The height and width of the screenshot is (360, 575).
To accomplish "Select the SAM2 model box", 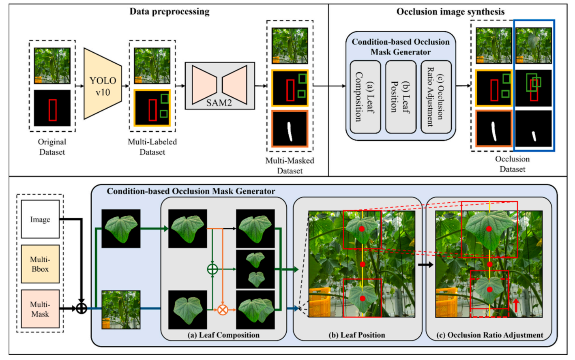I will pos(219,86).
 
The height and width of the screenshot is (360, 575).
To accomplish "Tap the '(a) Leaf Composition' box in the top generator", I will pos(365,97).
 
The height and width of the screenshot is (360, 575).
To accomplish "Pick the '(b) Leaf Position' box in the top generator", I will pos(400,97).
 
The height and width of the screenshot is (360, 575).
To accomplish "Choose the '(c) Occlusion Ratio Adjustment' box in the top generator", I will pos(436,97).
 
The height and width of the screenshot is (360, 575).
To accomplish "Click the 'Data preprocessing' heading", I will pos(169,11).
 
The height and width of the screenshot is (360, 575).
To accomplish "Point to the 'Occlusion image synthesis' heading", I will pos(450,12).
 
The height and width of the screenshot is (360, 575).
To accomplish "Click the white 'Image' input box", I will pos(40,219).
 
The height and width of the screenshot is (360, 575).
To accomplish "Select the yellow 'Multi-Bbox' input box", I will pos(40,264).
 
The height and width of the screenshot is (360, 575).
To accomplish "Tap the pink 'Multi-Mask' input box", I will pos(40,309).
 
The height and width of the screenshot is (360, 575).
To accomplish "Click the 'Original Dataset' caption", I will pos(52,147).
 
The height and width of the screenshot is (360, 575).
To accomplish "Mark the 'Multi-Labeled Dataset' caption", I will pos(152,147).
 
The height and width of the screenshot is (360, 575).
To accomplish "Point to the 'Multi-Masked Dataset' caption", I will pos(290,165).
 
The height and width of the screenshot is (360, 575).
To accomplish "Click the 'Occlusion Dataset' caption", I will pos(512,164).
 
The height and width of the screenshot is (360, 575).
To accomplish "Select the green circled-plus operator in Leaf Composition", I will pos(212,269).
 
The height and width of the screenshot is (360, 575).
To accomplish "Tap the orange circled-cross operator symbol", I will pos(222,310).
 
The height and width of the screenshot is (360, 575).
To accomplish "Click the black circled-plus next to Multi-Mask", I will pos(82,309).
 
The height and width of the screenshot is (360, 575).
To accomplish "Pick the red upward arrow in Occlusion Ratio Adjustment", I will pos(516,305).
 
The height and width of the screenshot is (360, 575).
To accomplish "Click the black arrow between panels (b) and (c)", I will pos(425,264).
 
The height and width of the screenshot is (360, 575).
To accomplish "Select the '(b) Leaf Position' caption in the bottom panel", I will pos(357,335).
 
